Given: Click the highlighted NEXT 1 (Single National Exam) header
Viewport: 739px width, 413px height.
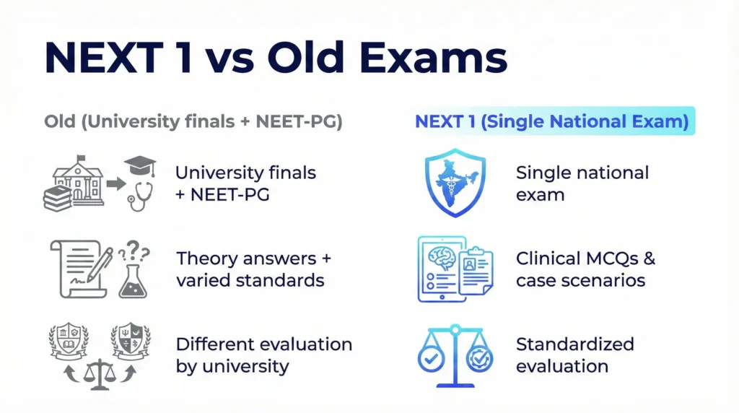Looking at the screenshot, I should (x=551, y=122).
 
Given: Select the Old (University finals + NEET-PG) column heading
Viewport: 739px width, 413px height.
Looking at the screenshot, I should (x=193, y=122).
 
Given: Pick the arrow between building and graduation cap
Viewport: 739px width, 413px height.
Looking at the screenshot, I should (x=113, y=183).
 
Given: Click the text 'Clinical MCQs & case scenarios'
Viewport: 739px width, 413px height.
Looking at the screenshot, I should (x=585, y=269).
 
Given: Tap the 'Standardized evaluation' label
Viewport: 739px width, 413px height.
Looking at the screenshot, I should (x=574, y=355).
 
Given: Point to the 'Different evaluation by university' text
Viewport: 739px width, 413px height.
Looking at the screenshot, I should (x=263, y=355).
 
